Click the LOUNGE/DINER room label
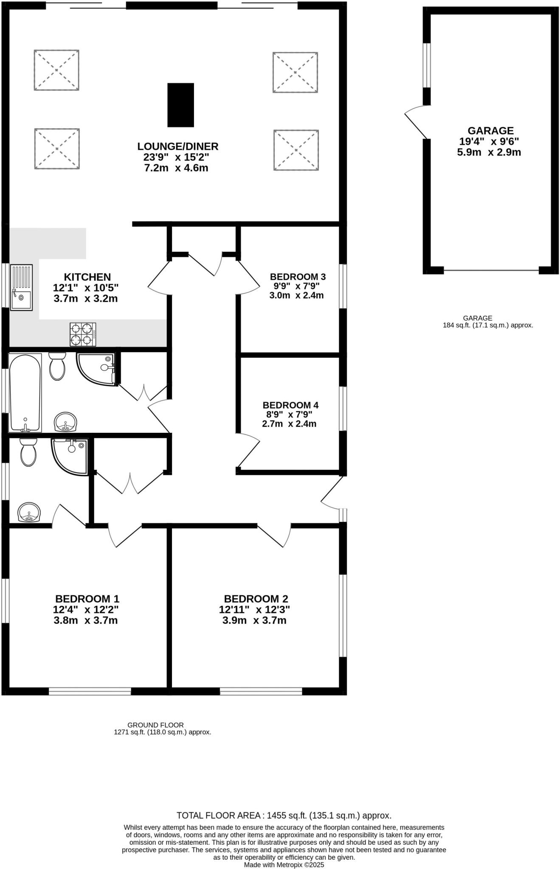(177, 146)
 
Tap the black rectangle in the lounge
(180, 105)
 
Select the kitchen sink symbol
(21, 287)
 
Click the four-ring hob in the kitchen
(83, 334)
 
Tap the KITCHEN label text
(87, 277)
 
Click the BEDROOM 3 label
(298, 277)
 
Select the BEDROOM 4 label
(290, 405)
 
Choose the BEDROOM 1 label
(87, 599)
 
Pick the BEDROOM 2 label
(256, 599)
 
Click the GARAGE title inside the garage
(490, 131)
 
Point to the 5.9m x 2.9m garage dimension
(489, 152)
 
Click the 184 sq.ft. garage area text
(487, 325)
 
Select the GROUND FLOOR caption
(155, 725)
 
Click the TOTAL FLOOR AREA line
(284, 815)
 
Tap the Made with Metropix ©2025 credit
(284, 864)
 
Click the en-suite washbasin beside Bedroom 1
(29, 512)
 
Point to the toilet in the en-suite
(28, 452)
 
